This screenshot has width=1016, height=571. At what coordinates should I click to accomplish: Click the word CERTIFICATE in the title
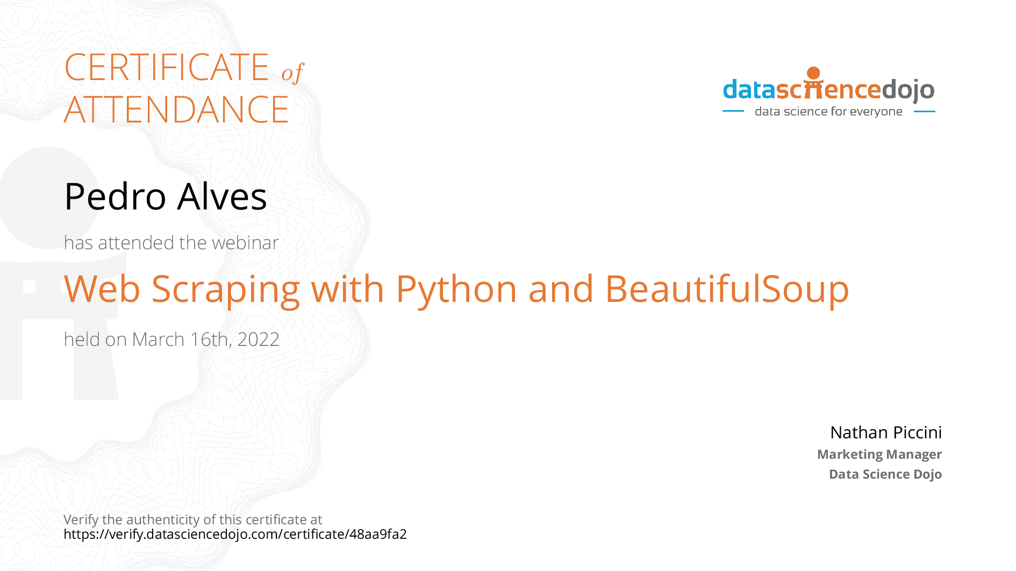(x=167, y=67)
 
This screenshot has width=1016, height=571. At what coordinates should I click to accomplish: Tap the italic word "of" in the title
(x=292, y=73)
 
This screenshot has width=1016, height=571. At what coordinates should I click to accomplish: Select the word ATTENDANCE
(x=176, y=110)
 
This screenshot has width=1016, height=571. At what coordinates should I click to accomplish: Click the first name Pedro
(x=115, y=196)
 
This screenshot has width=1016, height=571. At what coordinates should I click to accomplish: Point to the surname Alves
(x=222, y=196)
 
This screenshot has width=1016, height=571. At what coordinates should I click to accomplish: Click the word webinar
(x=245, y=243)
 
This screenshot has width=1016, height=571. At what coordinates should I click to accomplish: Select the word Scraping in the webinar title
(x=226, y=290)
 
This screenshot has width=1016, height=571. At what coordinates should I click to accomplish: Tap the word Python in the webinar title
(x=456, y=290)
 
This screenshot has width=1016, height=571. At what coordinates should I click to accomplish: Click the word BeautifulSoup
(x=727, y=289)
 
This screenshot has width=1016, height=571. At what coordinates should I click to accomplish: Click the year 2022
(x=258, y=339)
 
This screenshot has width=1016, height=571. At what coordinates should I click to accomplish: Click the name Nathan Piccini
(x=886, y=432)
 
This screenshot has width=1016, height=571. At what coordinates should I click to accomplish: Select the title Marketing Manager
(x=879, y=454)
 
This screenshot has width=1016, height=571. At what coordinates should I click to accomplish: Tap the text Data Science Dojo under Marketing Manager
(x=885, y=474)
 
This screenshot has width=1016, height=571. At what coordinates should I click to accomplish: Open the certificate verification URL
(x=235, y=534)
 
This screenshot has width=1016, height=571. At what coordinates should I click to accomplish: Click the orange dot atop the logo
(x=813, y=73)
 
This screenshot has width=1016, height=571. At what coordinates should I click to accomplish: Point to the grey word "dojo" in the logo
(x=908, y=90)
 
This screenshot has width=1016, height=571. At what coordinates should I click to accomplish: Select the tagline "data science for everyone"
(x=828, y=111)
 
